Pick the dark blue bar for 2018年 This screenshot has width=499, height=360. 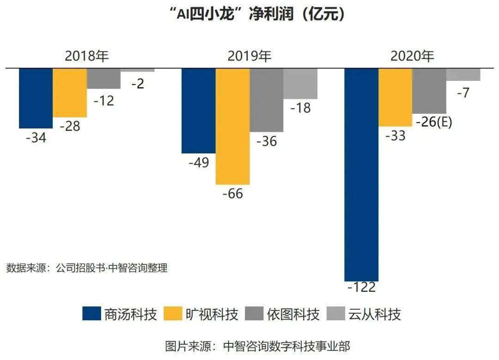36,98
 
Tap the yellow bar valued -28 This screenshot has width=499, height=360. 70,92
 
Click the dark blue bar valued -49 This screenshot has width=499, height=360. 198,110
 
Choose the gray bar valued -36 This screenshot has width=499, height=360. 267,100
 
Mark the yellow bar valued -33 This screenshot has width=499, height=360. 396,97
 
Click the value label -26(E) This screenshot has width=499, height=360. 433,123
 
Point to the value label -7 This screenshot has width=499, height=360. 463,93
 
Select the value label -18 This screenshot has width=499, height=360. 300,108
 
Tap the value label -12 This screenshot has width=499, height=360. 103,100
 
